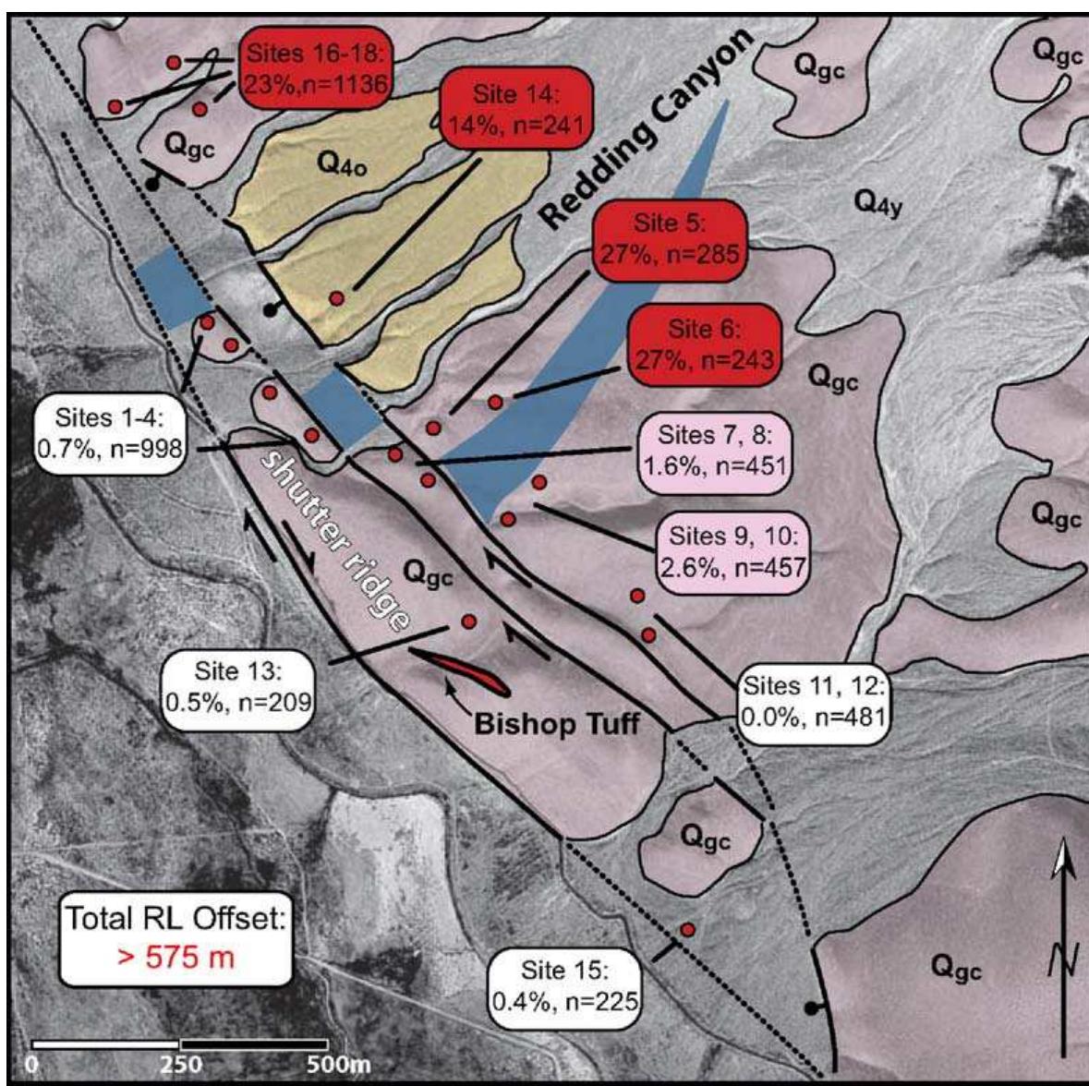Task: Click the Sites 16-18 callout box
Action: point(316,68)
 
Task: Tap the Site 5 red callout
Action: point(669,237)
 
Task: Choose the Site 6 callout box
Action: point(702,344)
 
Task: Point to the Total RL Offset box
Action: point(175,939)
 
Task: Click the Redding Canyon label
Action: point(647,129)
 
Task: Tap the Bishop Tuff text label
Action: point(556,722)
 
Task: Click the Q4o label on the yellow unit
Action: point(342,164)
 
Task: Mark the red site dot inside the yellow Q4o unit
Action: point(337,298)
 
